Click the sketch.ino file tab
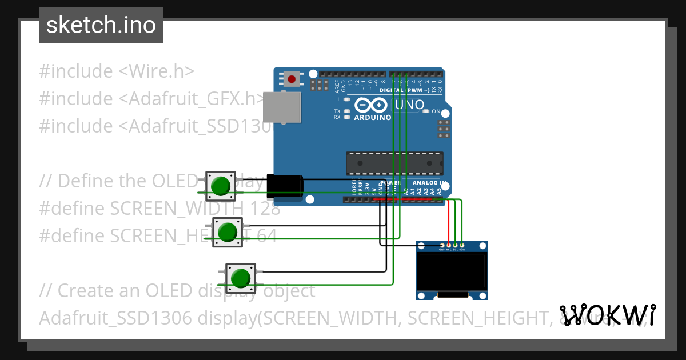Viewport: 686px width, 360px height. [x=101, y=25]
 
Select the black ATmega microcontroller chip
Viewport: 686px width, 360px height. [x=394, y=163]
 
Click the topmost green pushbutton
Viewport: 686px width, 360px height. [x=220, y=186]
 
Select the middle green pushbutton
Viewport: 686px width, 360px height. [x=228, y=232]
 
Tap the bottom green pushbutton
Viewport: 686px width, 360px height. [x=240, y=278]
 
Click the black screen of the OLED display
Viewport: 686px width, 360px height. [x=452, y=272]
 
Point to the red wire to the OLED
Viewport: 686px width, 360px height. [x=448, y=223]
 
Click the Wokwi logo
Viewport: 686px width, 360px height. [x=608, y=315]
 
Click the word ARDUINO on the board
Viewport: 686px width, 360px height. [x=372, y=117]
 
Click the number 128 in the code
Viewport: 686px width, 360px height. [x=264, y=208]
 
